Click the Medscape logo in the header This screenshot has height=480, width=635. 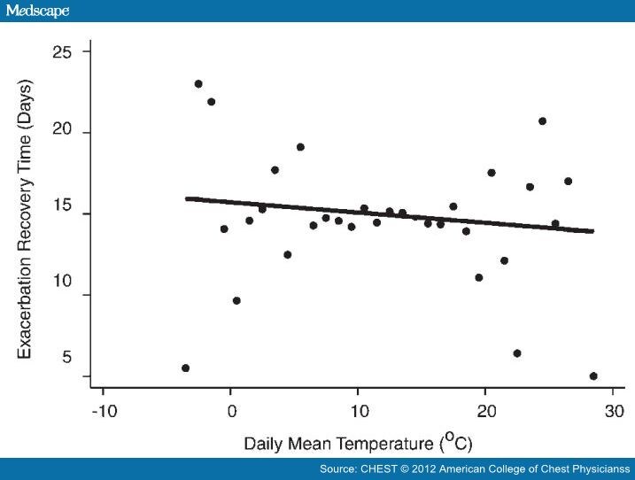click(37, 11)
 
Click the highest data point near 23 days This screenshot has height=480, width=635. click(198, 84)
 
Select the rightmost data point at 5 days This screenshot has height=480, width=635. click(593, 376)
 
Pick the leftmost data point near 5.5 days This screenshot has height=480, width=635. click(185, 368)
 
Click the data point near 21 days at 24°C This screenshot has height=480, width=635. click(542, 121)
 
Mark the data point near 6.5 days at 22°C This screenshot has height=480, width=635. click(516, 353)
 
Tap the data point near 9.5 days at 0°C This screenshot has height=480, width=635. click(236, 301)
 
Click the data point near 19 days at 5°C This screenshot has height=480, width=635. click(300, 147)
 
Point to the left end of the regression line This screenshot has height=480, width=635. click(187, 199)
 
